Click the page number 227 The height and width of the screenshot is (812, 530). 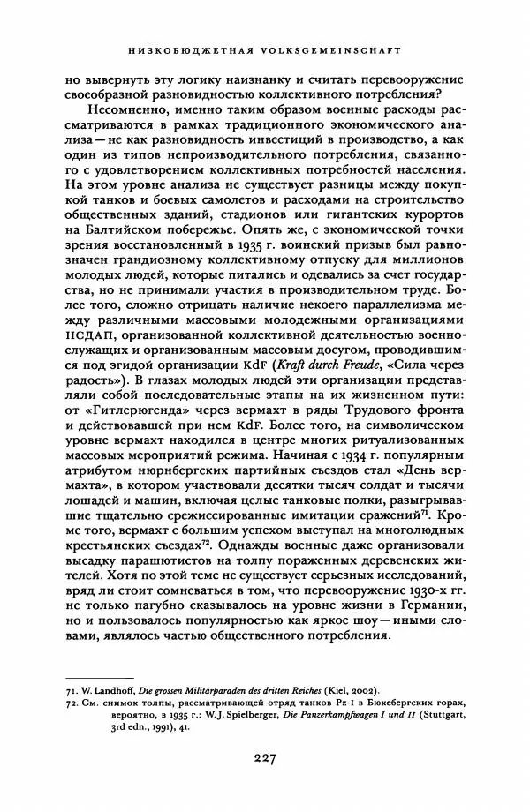click(265, 756)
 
